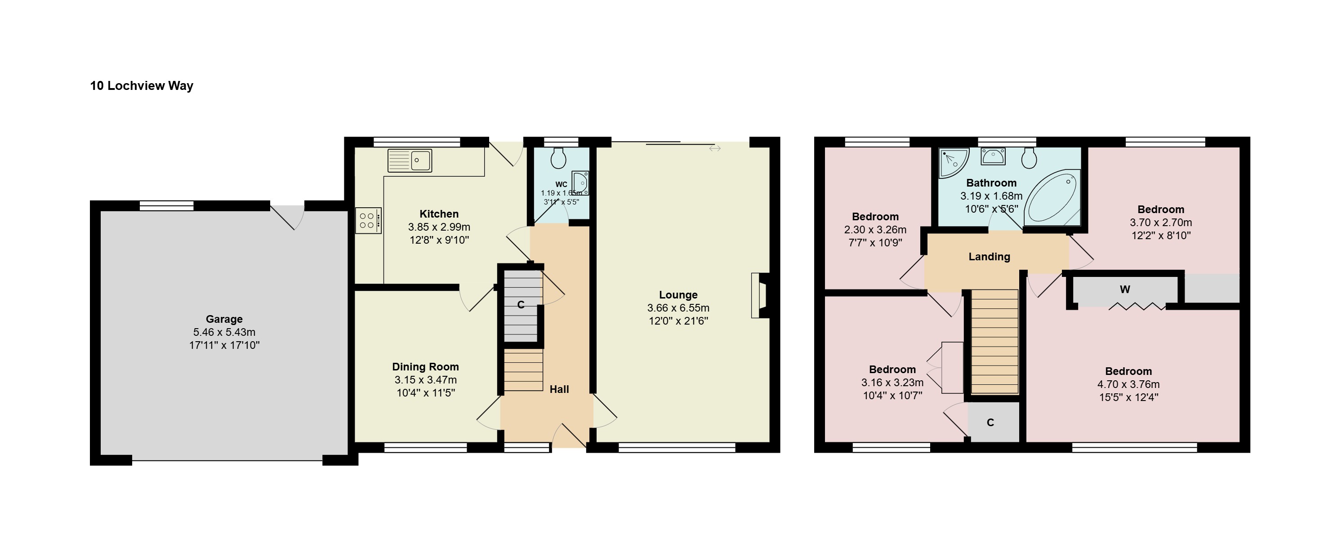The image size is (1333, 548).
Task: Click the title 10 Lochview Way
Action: tap(142, 86)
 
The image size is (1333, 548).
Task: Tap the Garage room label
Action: tap(224, 319)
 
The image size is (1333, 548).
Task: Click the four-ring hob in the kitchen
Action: tap(368, 220)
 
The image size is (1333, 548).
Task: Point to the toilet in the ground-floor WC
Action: tap(558, 158)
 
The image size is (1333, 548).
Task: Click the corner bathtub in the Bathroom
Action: tap(1052, 197)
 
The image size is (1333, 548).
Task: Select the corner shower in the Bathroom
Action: tap(953, 162)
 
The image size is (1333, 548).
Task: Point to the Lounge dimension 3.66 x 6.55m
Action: tap(678, 308)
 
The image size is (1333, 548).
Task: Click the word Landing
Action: tap(989, 257)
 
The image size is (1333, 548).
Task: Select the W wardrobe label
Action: tap(1125, 290)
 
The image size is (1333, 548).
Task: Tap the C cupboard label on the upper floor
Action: tap(990, 423)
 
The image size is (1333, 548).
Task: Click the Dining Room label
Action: tap(425, 367)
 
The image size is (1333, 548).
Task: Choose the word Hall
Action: tap(559, 390)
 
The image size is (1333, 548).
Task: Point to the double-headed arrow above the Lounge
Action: tap(715, 148)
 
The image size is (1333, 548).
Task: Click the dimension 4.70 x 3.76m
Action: tap(1128, 384)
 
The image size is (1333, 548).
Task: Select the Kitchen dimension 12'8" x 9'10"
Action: tap(439, 240)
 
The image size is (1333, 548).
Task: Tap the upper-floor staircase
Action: tap(994, 342)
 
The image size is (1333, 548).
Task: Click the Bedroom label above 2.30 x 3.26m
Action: tap(875, 217)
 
